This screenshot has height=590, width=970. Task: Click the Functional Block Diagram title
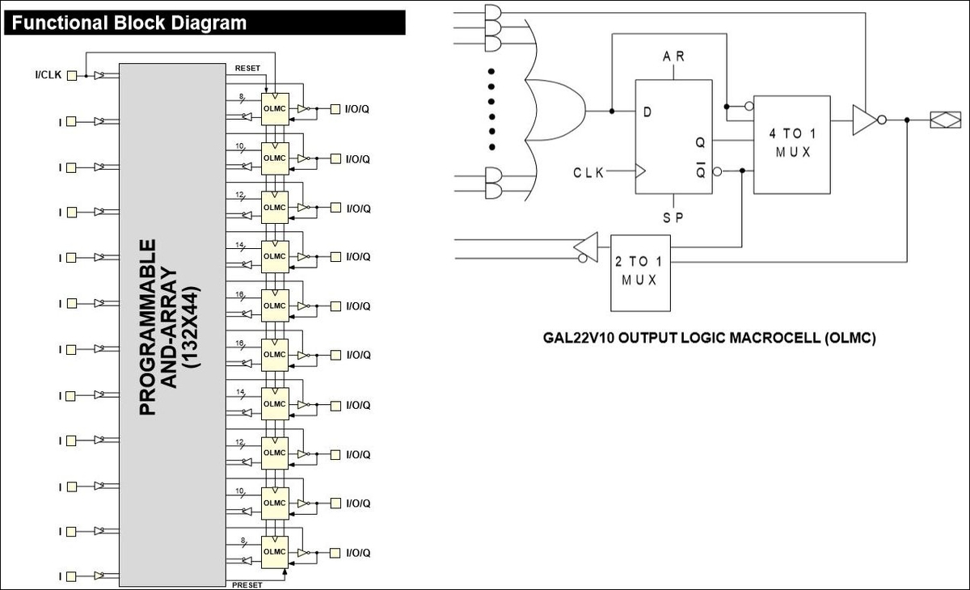click(129, 23)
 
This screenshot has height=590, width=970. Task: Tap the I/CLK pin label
click(48, 75)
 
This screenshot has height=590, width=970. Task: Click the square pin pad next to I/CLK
click(72, 76)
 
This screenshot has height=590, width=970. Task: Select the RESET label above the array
click(247, 69)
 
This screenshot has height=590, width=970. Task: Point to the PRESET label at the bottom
click(247, 585)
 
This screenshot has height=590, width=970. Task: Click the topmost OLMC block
click(275, 109)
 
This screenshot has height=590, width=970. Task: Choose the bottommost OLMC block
click(275, 552)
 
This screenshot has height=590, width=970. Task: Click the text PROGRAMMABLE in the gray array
click(148, 327)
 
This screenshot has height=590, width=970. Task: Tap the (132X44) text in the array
click(191, 327)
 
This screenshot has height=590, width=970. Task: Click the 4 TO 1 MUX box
click(791, 145)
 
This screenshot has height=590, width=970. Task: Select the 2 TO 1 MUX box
click(640, 273)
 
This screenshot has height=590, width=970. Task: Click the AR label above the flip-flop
click(673, 57)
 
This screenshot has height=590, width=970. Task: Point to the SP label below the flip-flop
click(673, 217)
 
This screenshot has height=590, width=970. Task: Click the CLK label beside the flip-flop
click(588, 173)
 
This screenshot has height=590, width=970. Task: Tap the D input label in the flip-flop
click(647, 112)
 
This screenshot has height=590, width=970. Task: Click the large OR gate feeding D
click(555, 110)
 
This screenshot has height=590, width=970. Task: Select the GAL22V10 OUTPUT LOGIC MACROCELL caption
click(710, 338)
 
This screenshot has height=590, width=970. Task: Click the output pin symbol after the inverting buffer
click(945, 120)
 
